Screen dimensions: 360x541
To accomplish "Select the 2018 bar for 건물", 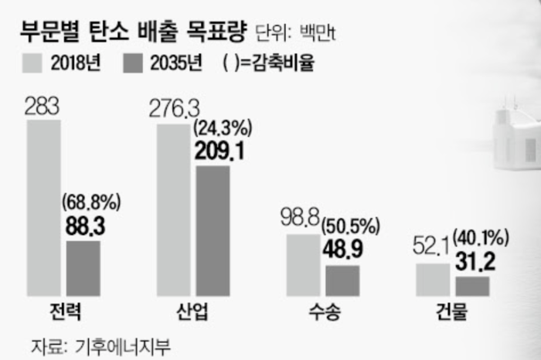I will click(433, 280).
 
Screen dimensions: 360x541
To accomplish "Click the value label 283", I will click(42, 107).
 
